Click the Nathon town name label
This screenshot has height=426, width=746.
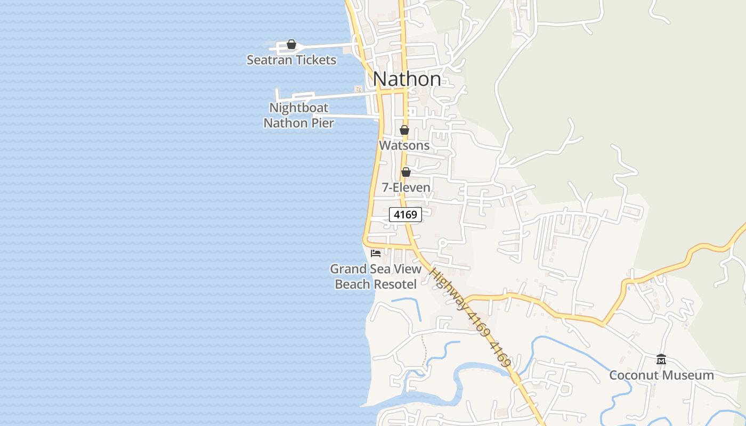(407, 79)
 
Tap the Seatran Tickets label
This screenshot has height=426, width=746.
(291, 60)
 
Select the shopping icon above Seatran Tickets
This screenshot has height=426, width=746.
(291, 44)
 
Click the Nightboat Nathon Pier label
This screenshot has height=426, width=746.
(298, 116)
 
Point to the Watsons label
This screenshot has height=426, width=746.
(404, 145)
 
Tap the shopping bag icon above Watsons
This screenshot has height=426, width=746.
(404, 129)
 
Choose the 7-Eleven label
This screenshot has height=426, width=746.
(406, 187)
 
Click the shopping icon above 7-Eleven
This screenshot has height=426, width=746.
(406, 171)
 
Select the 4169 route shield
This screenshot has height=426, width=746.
(406, 215)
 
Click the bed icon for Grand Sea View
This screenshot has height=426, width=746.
(376, 253)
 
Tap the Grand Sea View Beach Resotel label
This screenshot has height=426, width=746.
(376, 276)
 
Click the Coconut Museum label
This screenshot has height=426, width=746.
(661, 375)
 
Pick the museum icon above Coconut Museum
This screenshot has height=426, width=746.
(661, 359)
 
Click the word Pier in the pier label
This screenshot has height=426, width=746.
(322, 123)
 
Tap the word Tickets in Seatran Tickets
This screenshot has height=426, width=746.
(316, 60)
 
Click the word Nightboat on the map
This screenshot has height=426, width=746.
(298, 108)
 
